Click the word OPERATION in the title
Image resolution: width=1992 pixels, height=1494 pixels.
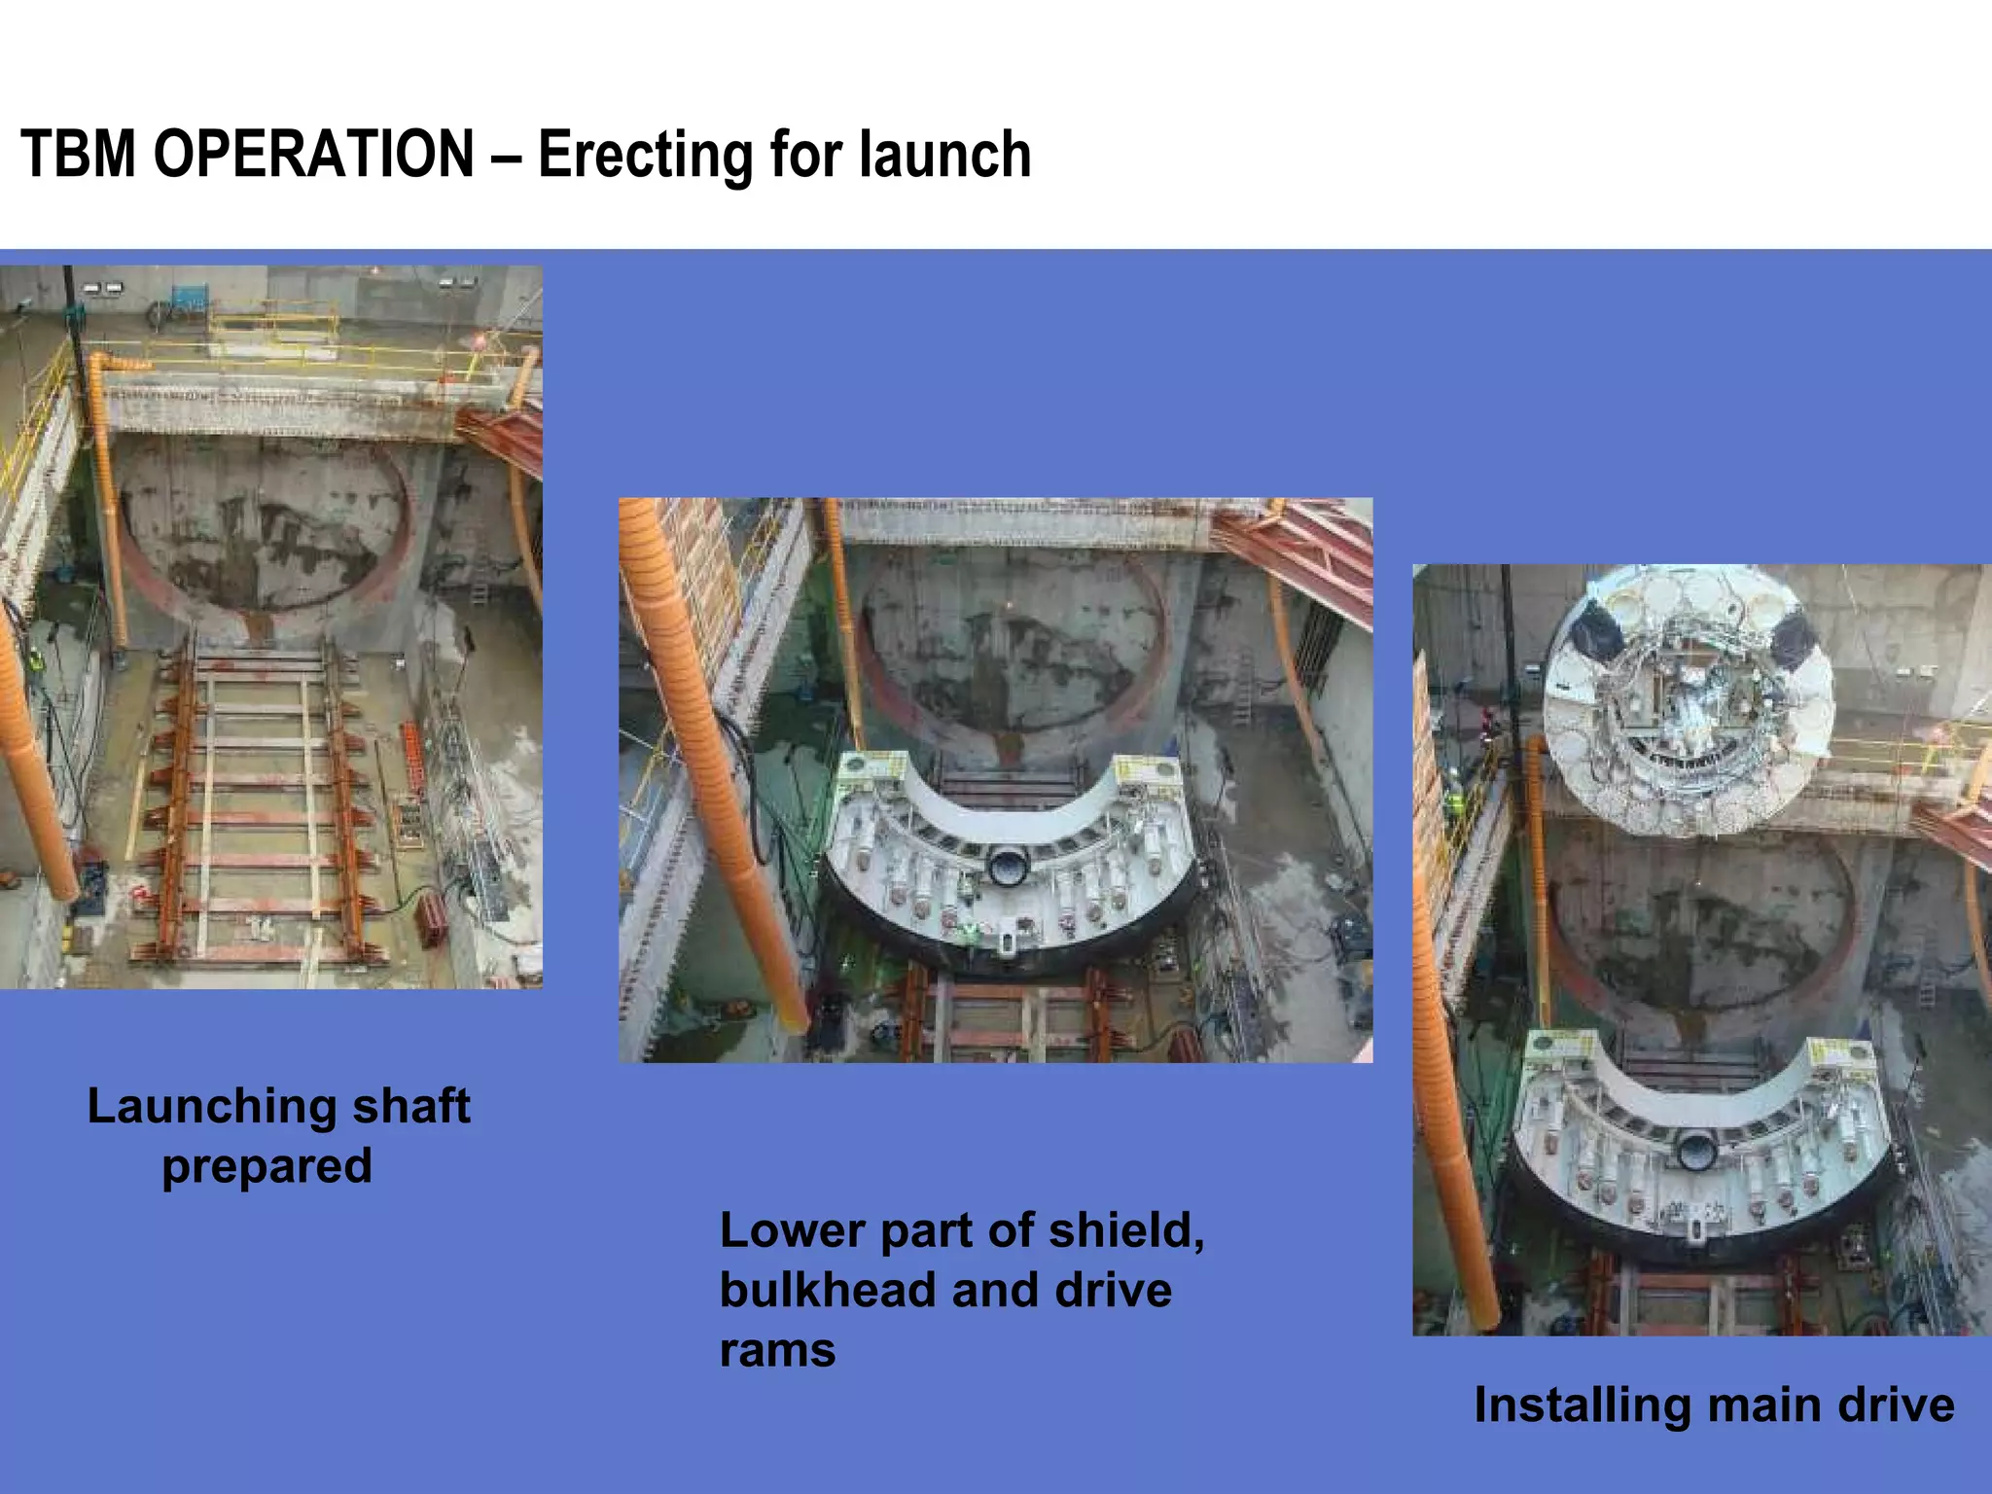coord(313,156)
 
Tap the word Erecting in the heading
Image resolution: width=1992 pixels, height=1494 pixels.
coord(645,156)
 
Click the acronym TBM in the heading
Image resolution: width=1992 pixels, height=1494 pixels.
coord(79,156)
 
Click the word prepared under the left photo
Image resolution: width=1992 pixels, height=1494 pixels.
coord(267,1165)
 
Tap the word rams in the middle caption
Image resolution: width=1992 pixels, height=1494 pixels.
coord(777,1350)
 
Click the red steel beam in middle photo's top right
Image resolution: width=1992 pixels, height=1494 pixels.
coord(1294,550)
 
